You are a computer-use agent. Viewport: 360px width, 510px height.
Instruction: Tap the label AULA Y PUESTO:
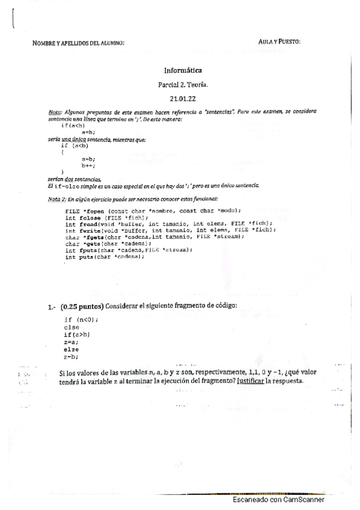[x=279, y=41]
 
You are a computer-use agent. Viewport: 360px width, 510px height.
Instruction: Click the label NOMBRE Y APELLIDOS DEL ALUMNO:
[x=79, y=43]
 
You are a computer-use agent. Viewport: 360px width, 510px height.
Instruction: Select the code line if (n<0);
[x=81, y=319]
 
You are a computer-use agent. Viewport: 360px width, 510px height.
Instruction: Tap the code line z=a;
[x=72, y=341]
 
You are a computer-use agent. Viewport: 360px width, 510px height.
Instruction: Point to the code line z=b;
[x=72, y=355]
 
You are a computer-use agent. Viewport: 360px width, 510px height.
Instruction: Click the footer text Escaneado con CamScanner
[x=278, y=500]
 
